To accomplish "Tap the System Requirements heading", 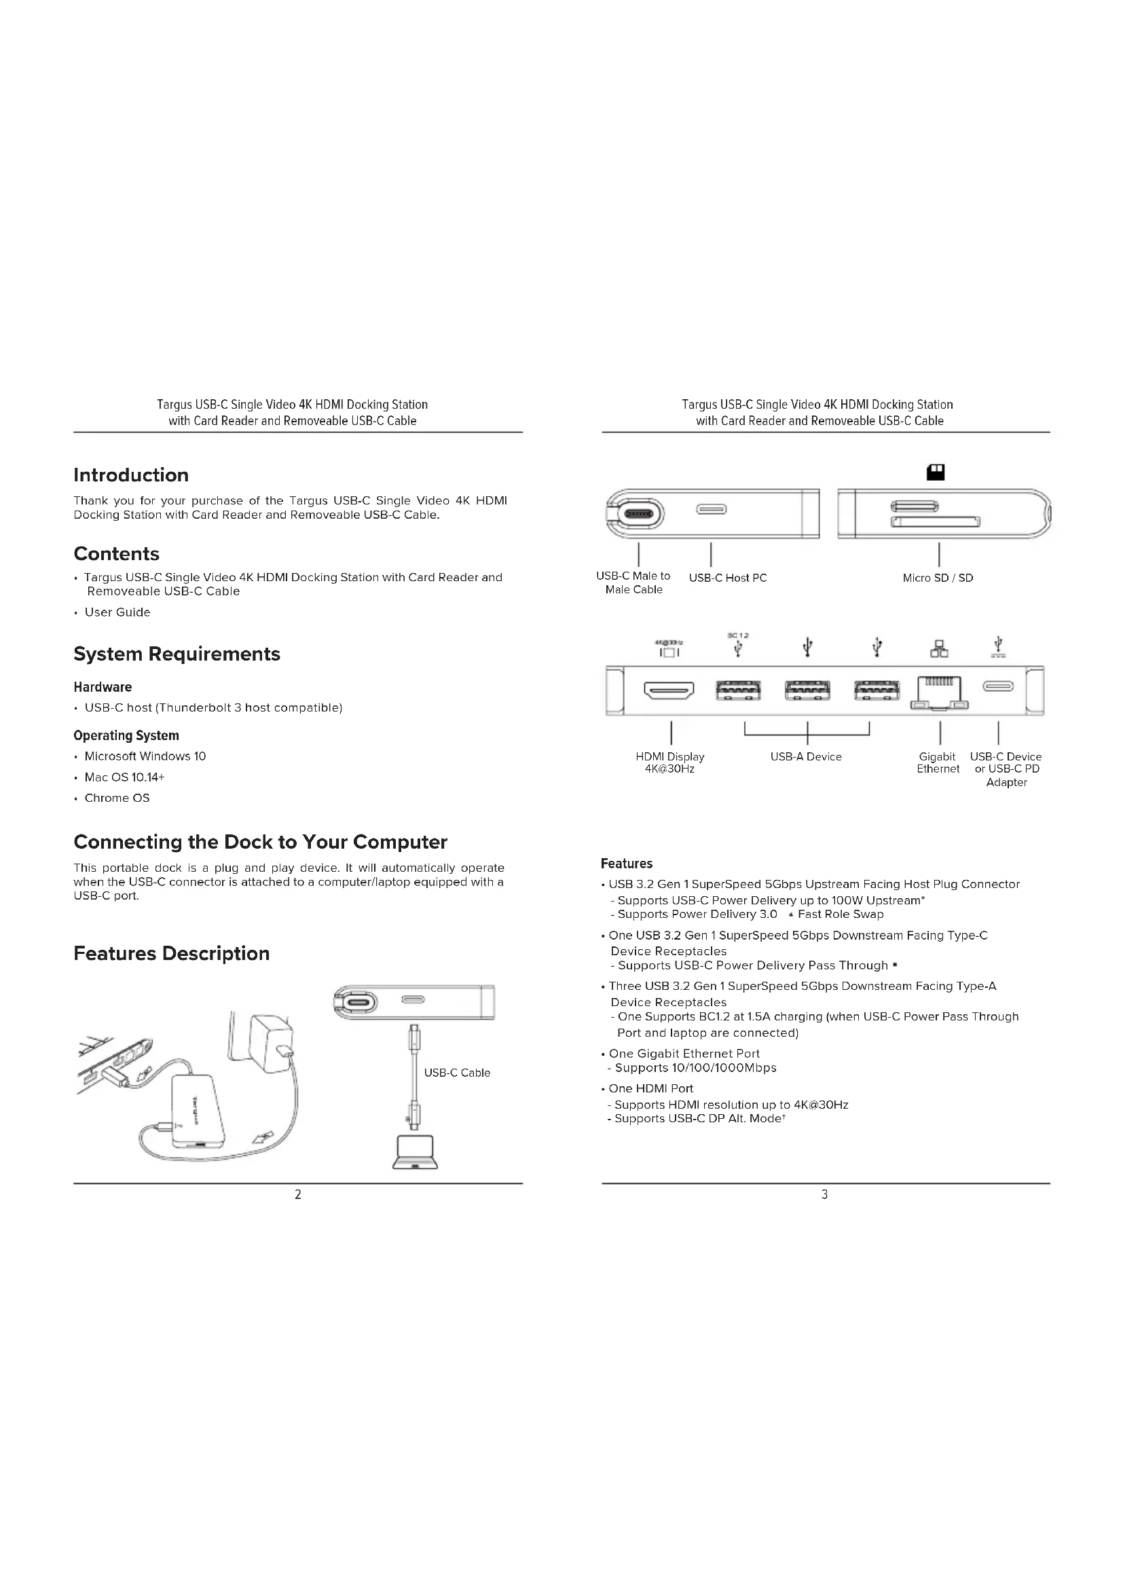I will coord(177,654).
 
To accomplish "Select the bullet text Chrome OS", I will coord(117,798).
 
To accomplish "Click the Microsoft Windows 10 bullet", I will coord(145,756).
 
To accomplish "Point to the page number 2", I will coord(298,1194).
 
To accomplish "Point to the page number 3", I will coord(824,1194).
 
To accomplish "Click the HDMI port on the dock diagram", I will coord(669,690).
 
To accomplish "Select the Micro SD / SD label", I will coord(938,578).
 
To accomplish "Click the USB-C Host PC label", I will coord(727,578).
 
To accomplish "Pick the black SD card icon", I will coord(936,473).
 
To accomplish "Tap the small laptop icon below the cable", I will coord(415,1152).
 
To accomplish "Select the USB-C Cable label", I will coord(456,1073).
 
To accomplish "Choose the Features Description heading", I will coord(172,953).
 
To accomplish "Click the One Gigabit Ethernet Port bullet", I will coord(684,1054).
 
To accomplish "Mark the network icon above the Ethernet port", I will coord(938,649).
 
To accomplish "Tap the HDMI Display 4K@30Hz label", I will coord(669,762).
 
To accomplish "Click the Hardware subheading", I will coord(103,687).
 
